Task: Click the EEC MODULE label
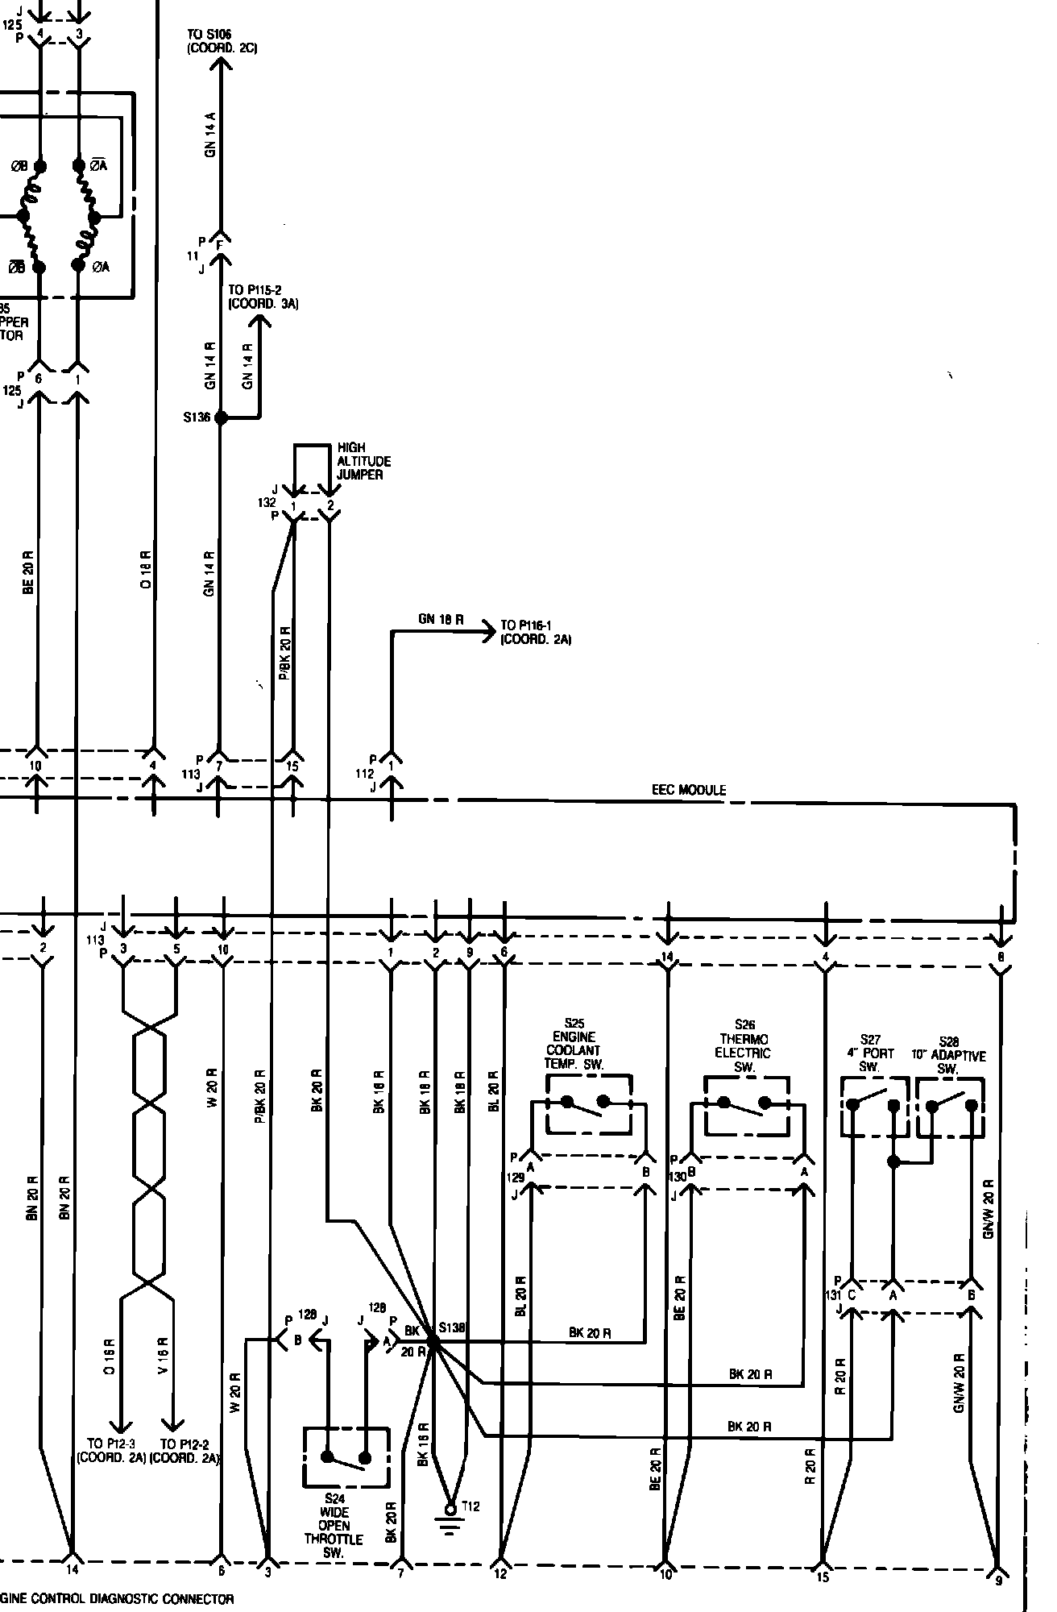(x=688, y=790)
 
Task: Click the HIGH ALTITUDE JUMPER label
(x=364, y=462)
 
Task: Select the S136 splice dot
(x=220, y=418)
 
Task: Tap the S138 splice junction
(x=432, y=1342)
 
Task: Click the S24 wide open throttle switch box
(x=346, y=1457)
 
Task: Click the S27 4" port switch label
(x=870, y=1053)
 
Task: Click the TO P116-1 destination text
(x=536, y=632)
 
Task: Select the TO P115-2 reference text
(x=263, y=297)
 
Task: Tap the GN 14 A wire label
(x=211, y=135)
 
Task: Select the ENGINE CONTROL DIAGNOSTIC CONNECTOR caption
(x=117, y=1599)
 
